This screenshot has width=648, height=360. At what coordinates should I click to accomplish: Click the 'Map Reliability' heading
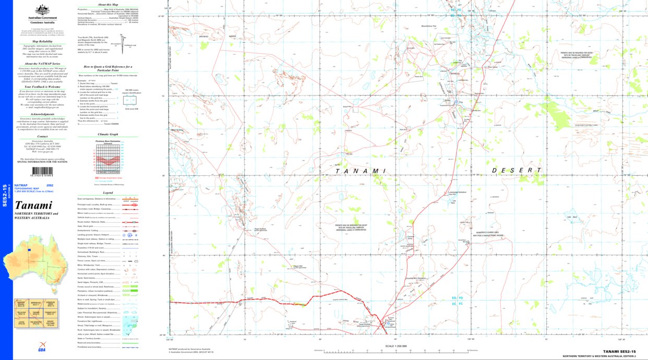pyautogui.click(x=42, y=41)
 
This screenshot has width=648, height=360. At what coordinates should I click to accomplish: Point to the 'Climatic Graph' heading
pyautogui.click(x=107, y=134)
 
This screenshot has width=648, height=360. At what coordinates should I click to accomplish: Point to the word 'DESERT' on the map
pyautogui.click(x=517, y=170)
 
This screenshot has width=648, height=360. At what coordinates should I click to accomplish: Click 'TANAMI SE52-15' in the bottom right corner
pyautogui.click(x=619, y=352)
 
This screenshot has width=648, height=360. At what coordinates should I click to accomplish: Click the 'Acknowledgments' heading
pyautogui.click(x=42, y=114)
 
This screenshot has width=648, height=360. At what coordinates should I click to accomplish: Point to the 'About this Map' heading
pyautogui.click(x=108, y=4)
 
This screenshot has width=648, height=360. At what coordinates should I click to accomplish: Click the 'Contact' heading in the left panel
pyautogui.click(x=42, y=137)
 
